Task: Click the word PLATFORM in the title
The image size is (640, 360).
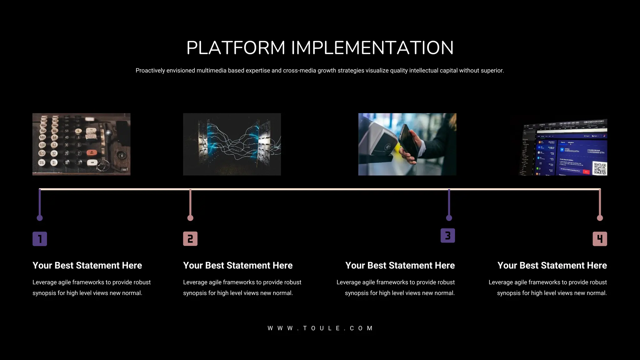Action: coord(236,48)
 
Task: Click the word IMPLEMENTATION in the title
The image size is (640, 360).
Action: coord(372,48)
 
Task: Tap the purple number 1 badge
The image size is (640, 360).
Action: coord(40,239)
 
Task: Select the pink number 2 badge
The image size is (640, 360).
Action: coord(190,239)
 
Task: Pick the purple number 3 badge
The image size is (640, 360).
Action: coord(447,236)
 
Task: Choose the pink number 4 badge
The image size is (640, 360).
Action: coord(600,239)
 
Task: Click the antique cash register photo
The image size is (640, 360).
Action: coord(81,144)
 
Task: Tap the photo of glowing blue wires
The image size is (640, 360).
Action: coord(232,144)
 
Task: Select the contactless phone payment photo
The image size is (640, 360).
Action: coord(407,144)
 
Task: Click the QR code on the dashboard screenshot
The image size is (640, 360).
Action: coord(600,168)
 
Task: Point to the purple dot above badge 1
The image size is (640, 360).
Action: coord(40,218)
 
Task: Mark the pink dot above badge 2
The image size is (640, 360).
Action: coord(190,218)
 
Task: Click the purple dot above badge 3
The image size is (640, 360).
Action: coord(449,218)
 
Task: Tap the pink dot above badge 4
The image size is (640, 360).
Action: coord(600,218)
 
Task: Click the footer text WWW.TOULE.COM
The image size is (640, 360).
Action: coord(320,328)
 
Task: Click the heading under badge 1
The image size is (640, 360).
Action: coord(87,265)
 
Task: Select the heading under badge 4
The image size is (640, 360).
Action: coord(552,265)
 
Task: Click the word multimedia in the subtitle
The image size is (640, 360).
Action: coord(211,71)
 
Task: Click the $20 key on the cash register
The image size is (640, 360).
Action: coord(42,153)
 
